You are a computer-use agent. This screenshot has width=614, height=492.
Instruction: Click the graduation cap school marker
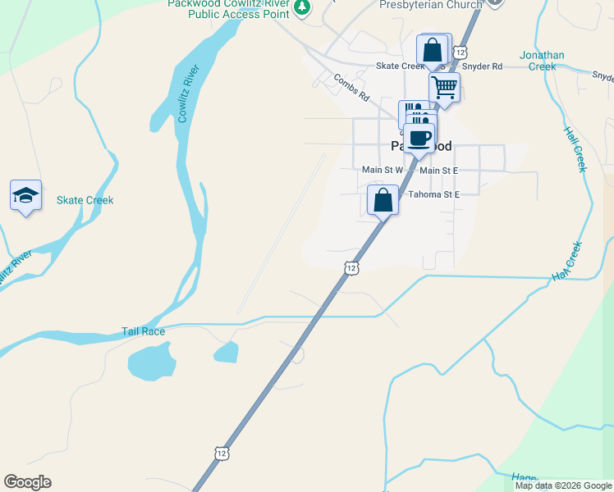point(25,196)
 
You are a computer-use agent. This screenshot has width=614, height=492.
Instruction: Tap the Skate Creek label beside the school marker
point(85,200)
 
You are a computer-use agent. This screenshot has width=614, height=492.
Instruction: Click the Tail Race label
point(144,331)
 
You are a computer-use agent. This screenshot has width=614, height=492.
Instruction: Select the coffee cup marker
point(419,138)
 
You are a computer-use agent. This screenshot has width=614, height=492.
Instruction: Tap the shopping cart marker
point(444,87)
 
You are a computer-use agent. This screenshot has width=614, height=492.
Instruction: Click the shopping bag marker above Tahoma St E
point(383,199)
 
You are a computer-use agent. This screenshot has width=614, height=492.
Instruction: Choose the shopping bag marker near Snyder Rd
point(433,48)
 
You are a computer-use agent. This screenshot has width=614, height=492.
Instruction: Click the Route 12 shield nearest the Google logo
point(221,452)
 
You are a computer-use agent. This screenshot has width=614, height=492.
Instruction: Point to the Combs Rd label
point(351,86)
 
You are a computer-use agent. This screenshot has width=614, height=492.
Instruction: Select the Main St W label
point(383,170)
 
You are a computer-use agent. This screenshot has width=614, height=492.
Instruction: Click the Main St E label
point(438,170)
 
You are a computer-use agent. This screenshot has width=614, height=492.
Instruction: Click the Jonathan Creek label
point(542,61)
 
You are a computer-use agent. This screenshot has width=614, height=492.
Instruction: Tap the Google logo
point(27,482)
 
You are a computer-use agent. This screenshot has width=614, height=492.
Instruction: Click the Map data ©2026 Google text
point(563,485)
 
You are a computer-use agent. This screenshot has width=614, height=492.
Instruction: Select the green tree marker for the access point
point(303,7)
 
